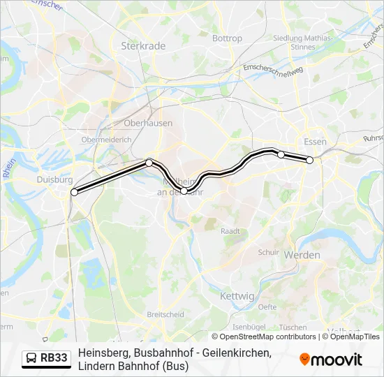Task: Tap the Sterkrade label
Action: point(143,46)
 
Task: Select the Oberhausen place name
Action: point(147,123)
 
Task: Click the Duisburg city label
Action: point(50,179)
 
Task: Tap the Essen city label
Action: point(315,142)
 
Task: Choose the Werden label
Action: point(302,256)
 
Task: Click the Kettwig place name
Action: point(237,297)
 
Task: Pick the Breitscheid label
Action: point(165,315)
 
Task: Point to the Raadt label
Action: point(230,231)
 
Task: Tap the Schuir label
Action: point(268,253)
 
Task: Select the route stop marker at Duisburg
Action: point(74,192)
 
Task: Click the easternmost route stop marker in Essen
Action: point(310,160)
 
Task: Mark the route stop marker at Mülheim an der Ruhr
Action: point(184,191)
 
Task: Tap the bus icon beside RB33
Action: point(31,359)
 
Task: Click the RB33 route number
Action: point(54,359)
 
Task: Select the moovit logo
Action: point(331,360)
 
